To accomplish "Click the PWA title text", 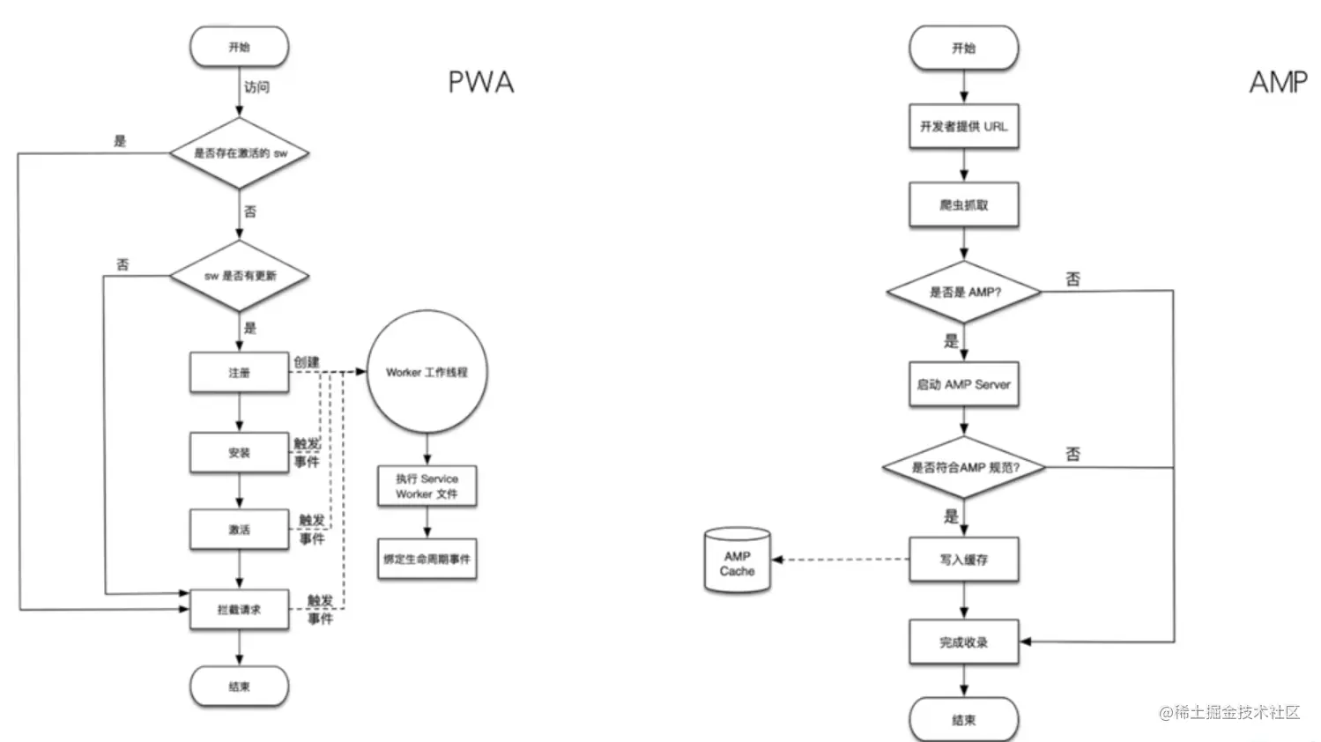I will pyautogui.click(x=480, y=82).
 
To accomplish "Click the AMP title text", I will pyautogui.click(x=1278, y=82).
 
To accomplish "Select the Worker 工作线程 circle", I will pyautogui.click(x=427, y=372).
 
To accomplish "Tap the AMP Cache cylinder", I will pyautogui.click(x=738, y=562).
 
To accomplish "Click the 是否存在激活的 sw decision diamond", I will pyautogui.click(x=240, y=153).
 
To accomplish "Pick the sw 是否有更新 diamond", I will pyautogui.click(x=240, y=276).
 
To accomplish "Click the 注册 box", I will pyautogui.click(x=239, y=373).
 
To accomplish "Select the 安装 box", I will pyautogui.click(x=239, y=453).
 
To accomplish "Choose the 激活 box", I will pyautogui.click(x=239, y=530).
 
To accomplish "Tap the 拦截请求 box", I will pyautogui.click(x=239, y=609).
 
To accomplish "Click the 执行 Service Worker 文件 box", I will pyautogui.click(x=427, y=486).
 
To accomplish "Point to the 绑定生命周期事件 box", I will pyautogui.click(x=427, y=559).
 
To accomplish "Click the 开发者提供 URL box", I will pyautogui.click(x=963, y=127).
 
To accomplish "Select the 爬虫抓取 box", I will pyautogui.click(x=963, y=205).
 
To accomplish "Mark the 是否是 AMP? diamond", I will pyautogui.click(x=964, y=292).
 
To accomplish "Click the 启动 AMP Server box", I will pyautogui.click(x=963, y=384).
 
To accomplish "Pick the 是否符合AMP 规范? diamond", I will pyautogui.click(x=964, y=467).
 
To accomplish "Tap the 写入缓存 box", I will pyautogui.click(x=963, y=560).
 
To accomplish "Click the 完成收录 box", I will pyautogui.click(x=963, y=642).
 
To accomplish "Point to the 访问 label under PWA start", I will pyautogui.click(x=256, y=87).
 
